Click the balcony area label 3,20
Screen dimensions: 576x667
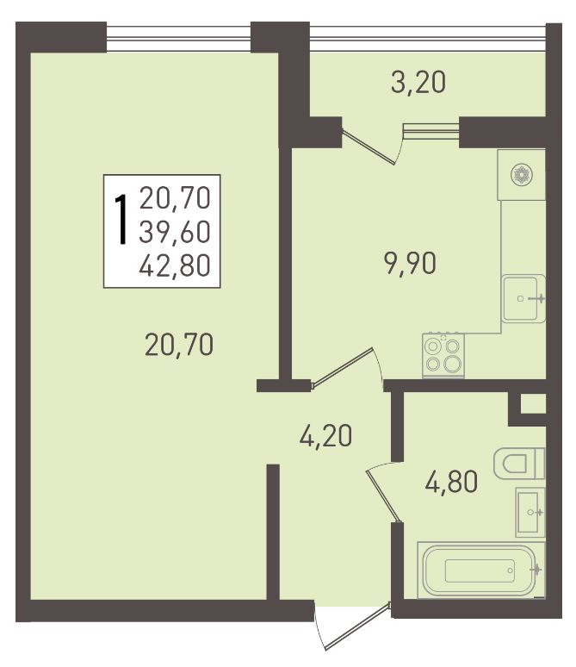tap(418, 83)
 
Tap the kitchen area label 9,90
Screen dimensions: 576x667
tap(410, 264)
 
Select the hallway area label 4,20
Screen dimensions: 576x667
tap(325, 436)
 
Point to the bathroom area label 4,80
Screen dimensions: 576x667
tap(451, 482)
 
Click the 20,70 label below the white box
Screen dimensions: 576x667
tap(179, 345)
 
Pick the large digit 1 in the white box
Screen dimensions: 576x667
tap(122, 220)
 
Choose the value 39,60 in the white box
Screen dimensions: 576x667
tap(175, 233)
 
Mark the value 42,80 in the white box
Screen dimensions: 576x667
tap(175, 265)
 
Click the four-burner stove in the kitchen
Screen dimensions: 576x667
tap(443, 355)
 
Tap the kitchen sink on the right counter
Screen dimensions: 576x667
tap(523, 299)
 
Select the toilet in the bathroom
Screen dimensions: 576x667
tap(519, 464)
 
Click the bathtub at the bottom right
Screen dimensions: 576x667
tap(480, 570)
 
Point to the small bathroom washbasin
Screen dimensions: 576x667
tap(530, 512)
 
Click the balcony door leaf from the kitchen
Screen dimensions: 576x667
tap(369, 146)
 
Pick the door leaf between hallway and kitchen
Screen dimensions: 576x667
tap(343, 368)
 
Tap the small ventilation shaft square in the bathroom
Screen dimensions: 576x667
tap(533, 403)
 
